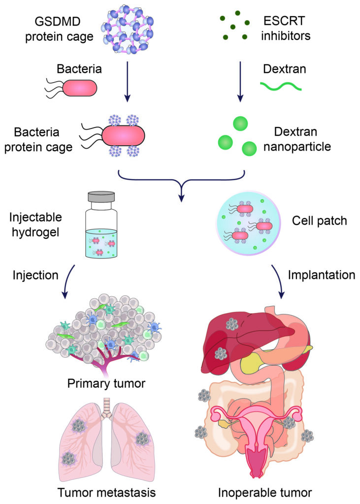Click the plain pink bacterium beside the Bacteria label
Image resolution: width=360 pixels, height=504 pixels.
[x=79, y=88]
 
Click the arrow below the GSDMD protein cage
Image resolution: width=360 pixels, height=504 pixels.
[x=128, y=81]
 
